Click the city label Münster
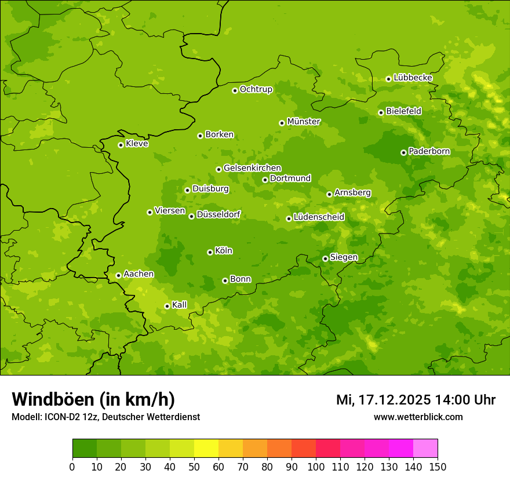coord(304,122)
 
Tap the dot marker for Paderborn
coord(403,152)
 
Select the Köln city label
coord(224,251)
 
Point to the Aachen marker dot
coord(118,275)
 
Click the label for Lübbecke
coord(413,78)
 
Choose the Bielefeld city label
coord(403,111)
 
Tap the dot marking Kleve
coord(121,145)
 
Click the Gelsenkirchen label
coord(252,168)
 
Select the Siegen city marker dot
coord(325,258)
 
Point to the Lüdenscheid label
coord(319,217)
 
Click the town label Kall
coord(180,305)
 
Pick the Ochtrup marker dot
coord(235,90)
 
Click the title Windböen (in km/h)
coord(93,399)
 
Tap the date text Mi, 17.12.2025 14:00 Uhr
coord(416,400)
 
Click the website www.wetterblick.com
coord(418,417)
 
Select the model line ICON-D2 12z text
coord(105,417)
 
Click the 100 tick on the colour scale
coord(316,467)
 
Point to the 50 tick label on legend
coord(194,467)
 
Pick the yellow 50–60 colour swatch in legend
coord(206,449)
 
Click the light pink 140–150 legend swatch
coord(425,449)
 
